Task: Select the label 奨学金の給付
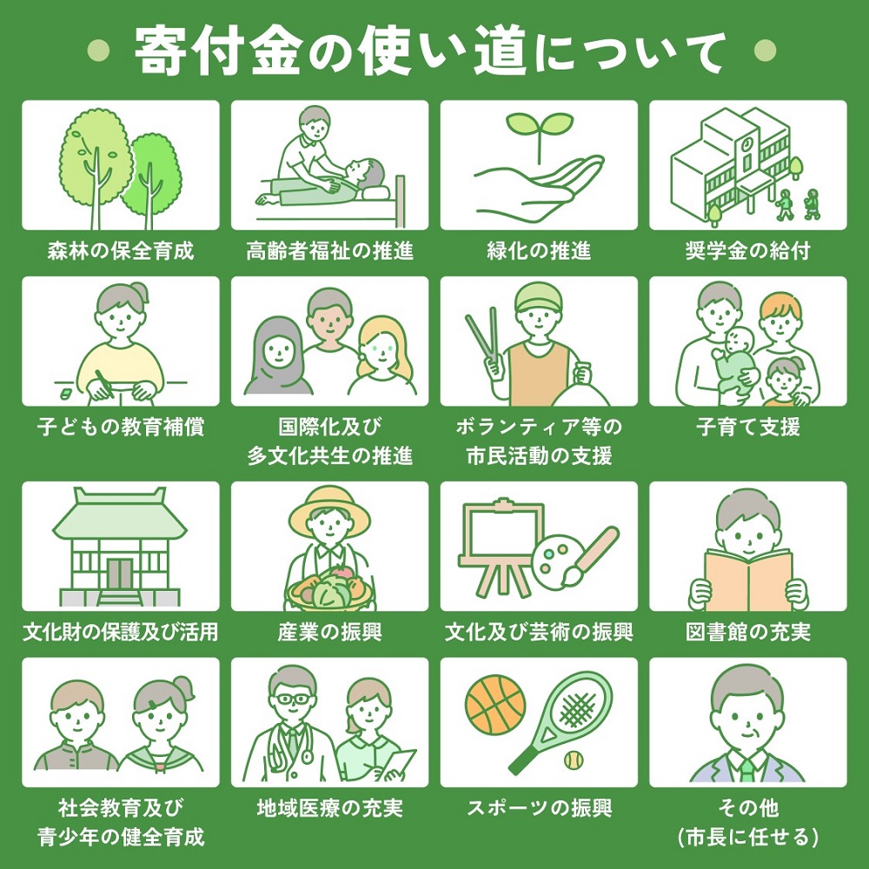point(747,252)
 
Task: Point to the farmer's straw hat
point(329,511)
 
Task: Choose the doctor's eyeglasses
point(290,700)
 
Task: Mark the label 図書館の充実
point(747,632)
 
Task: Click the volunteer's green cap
point(539,300)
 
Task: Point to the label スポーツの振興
point(539,808)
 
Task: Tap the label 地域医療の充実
point(329,808)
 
